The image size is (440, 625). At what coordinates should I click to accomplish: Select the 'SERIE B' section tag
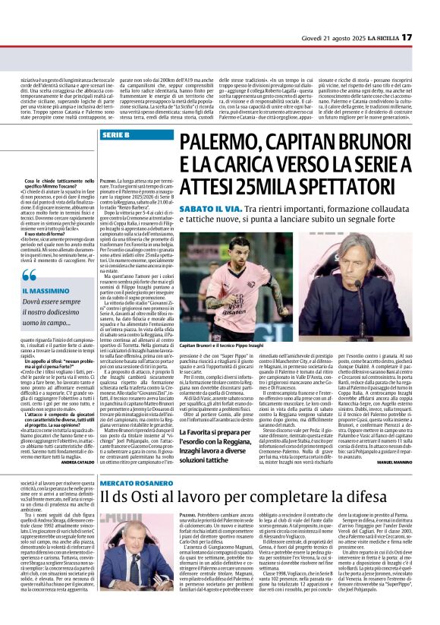pyautogui.click(x=115, y=134)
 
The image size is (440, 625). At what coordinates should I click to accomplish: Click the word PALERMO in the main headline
pyautogui.click(x=225, y=142)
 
